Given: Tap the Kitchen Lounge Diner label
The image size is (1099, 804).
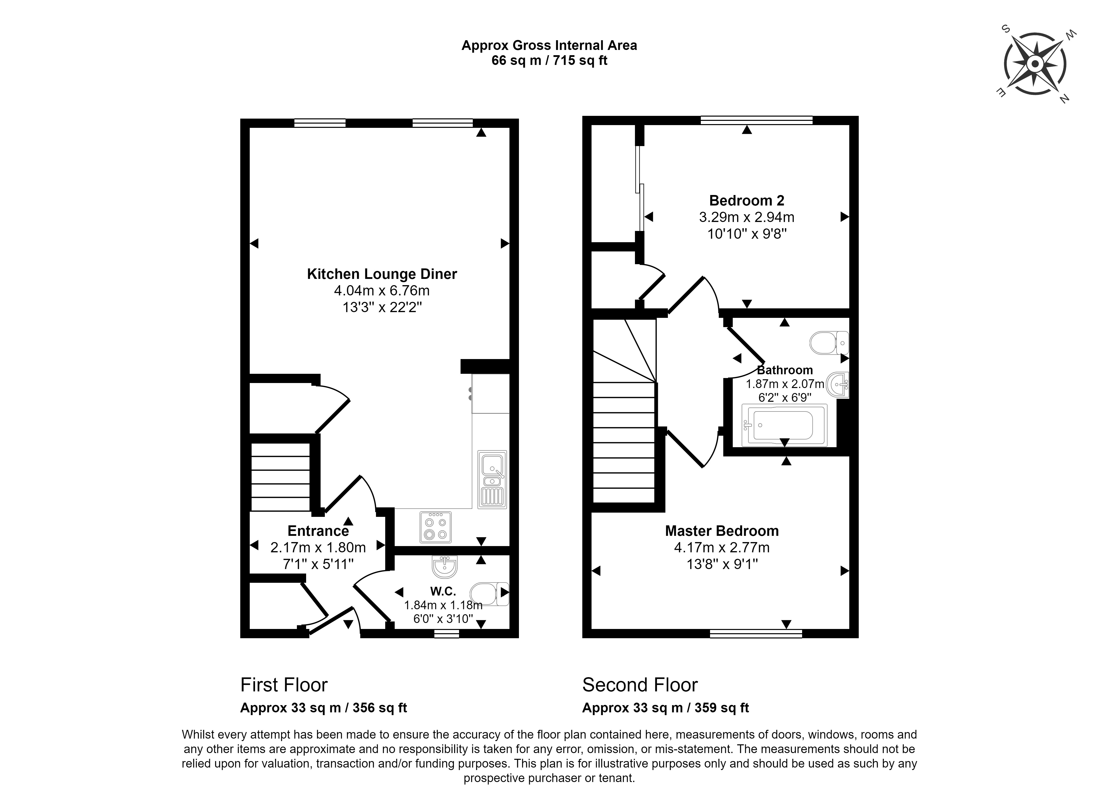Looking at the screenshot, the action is click(x=382, y=274).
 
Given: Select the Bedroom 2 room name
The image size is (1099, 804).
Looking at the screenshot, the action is click(x=746, y=201).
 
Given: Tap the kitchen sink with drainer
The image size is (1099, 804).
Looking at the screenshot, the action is click(x=492, y=480).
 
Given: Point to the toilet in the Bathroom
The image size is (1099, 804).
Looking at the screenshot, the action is click(x=829, y=343).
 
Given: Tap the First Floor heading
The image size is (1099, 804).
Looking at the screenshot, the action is click(x=284, y=685).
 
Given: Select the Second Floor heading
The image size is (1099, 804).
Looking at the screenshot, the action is click(x=640, y=685).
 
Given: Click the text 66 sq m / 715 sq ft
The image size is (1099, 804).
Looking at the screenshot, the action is click(x=549, y=61).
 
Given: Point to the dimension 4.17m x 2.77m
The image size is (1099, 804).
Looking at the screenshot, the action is click(x=722, y=548).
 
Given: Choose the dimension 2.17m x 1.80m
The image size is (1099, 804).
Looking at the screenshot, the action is click(x=318, y=548).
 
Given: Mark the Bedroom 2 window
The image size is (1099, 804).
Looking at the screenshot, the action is click(x=756, y=120).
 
